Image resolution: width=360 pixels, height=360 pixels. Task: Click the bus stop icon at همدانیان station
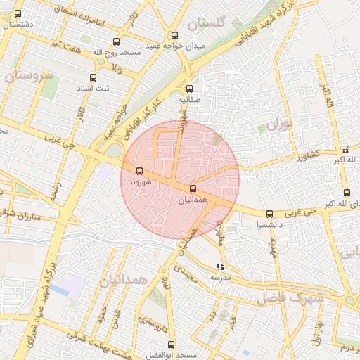193,188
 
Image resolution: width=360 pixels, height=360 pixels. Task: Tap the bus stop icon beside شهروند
139,171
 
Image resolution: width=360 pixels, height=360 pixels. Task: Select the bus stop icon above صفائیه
188,89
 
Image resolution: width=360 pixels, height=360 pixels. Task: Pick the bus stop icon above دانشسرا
269,214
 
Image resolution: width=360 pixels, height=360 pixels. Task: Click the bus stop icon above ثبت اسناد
93,77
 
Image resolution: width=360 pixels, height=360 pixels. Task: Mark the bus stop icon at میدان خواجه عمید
174,36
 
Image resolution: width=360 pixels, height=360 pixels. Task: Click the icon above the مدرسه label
221,266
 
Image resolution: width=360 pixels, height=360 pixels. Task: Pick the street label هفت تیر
63,44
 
